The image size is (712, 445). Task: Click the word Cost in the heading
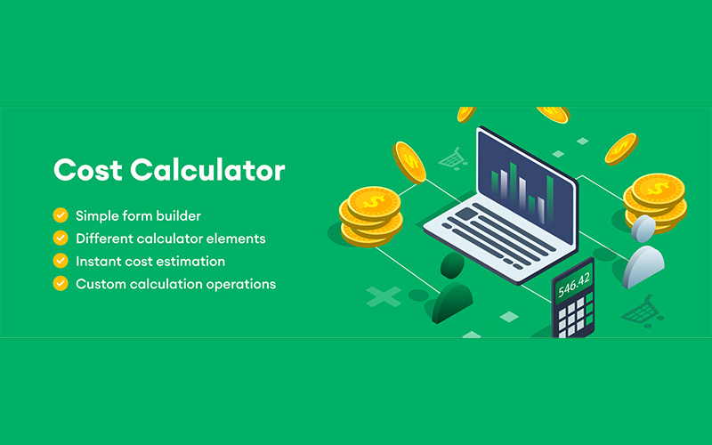pos(85,169)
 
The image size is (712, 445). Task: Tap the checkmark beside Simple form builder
pos(61,215)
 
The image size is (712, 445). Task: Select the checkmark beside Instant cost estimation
pos(61,261)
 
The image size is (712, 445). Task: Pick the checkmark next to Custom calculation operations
pos(61,284)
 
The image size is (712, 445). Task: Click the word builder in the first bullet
pos(176,215)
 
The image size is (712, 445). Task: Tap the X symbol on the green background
pos(384,297)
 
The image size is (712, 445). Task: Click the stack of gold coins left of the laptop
pos(371,214)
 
